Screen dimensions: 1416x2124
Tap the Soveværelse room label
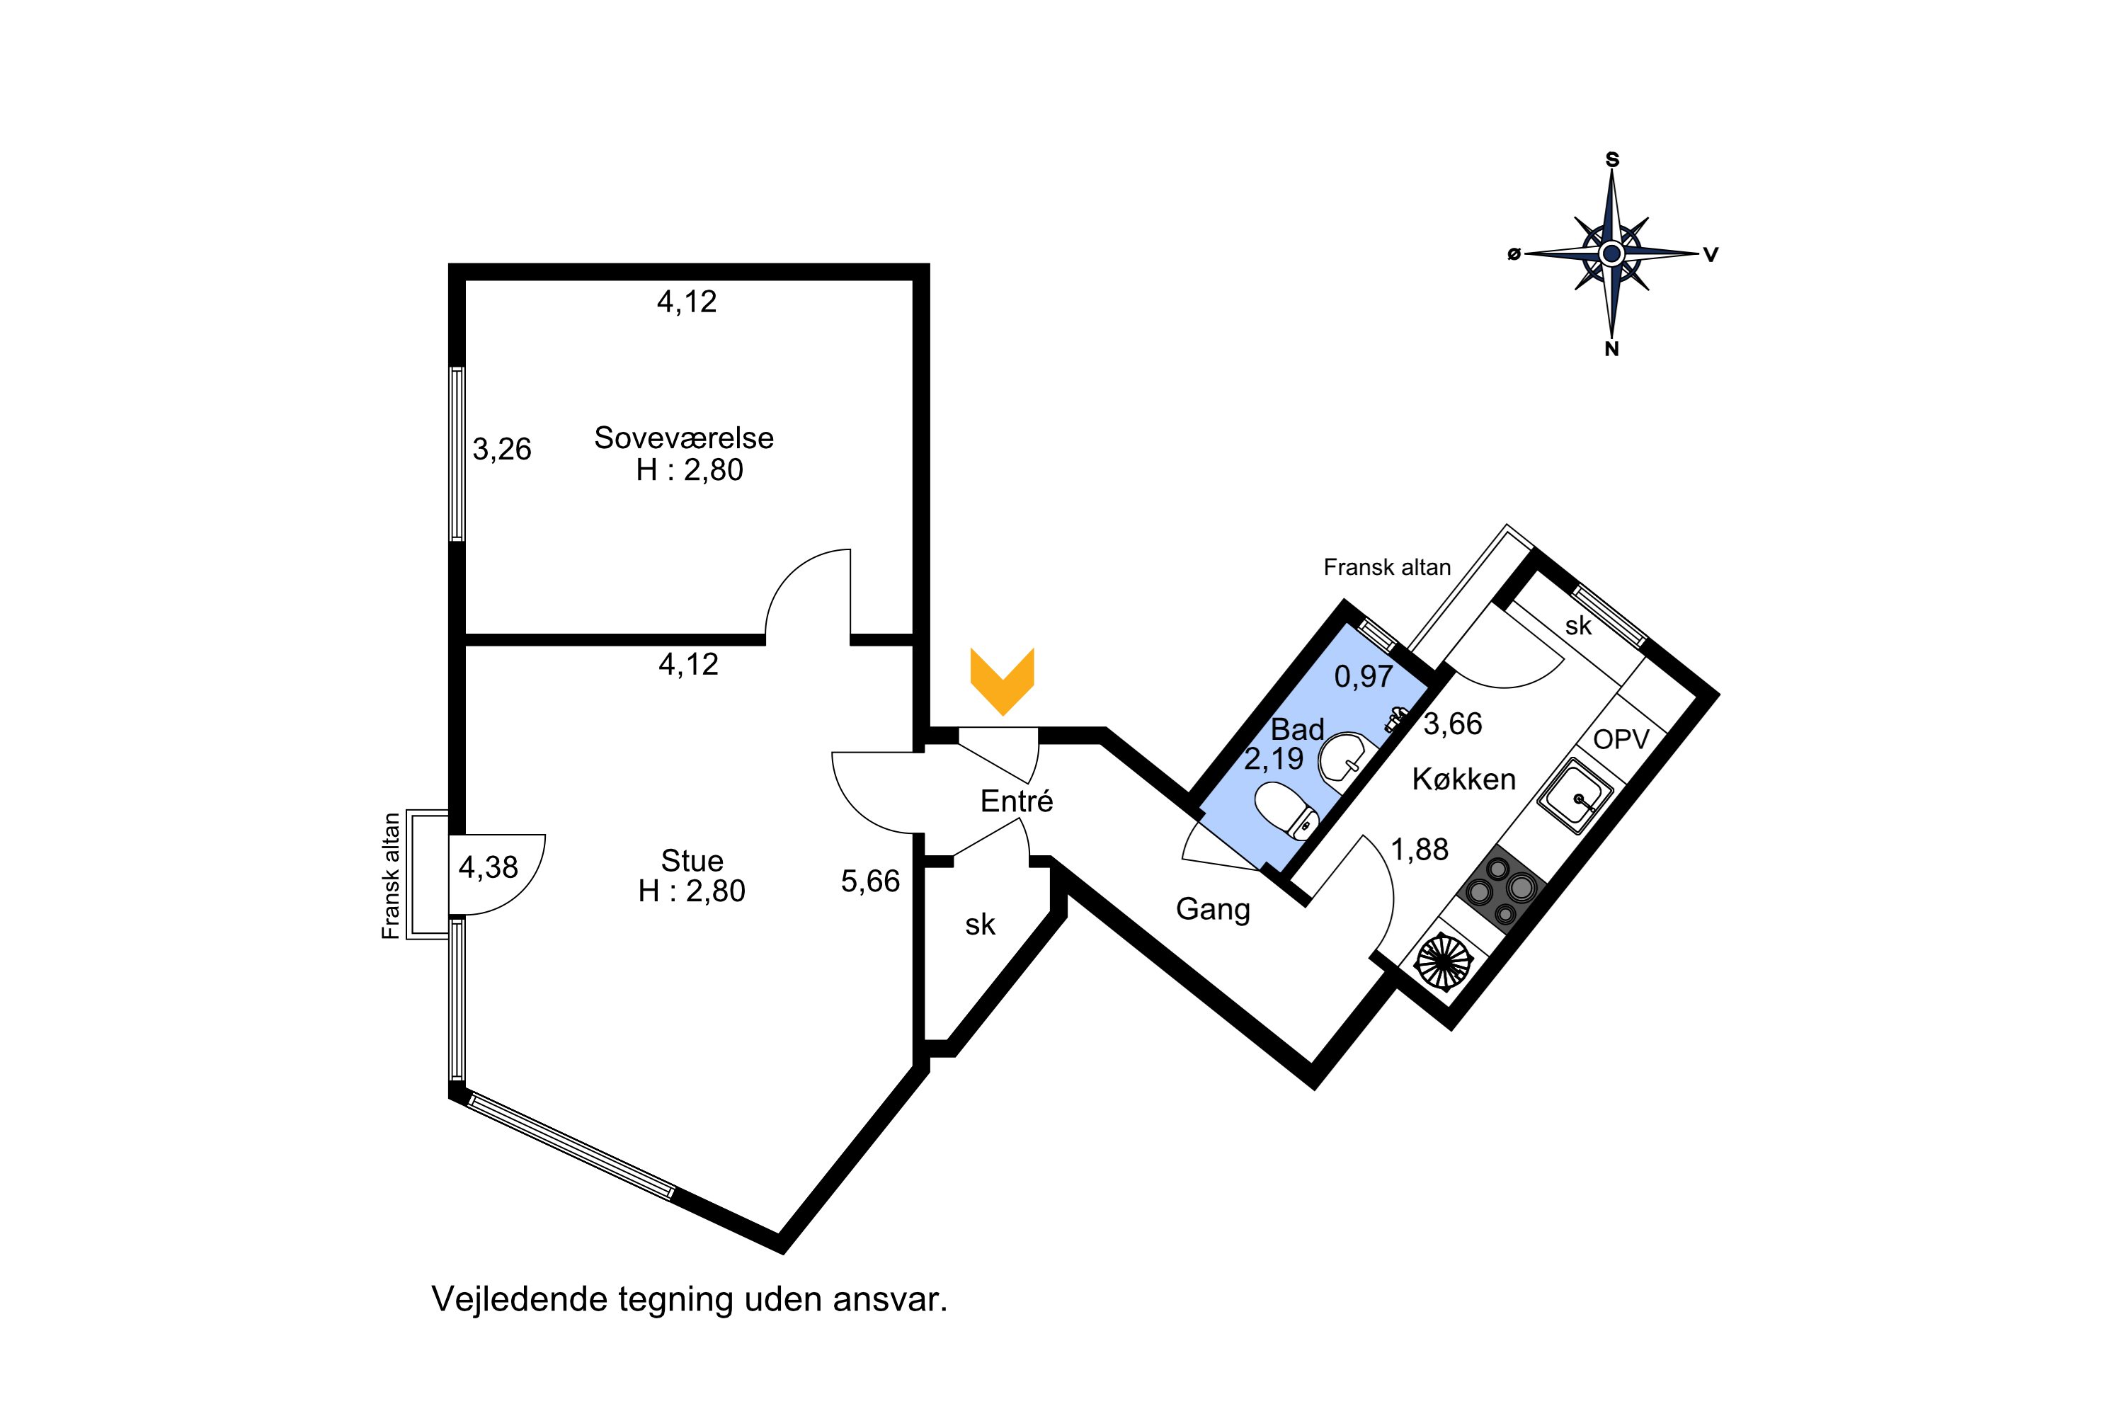[x=684, y=438]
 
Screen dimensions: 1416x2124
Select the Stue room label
[x=692, y=860]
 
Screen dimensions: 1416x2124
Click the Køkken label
[x=1464, y=780]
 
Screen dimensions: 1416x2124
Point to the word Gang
[x=1213, y=909]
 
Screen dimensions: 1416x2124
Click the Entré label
[x=1017, y=801]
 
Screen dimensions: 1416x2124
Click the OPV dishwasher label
[x=1621, y=740]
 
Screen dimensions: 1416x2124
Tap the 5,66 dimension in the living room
[x=871, y=881]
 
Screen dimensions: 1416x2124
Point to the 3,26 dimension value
[x=502, y=449]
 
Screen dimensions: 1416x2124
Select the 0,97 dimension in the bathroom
[x=1364, y=676]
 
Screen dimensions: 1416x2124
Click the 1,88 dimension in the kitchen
[x=1420, y=850]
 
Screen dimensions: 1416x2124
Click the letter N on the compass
[x=1612, y=350]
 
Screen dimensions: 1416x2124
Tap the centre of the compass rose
[x=1612, y=253]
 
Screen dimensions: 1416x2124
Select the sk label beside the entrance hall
[x=980, y=925]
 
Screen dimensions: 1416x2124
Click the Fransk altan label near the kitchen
[x=1387, y=567]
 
